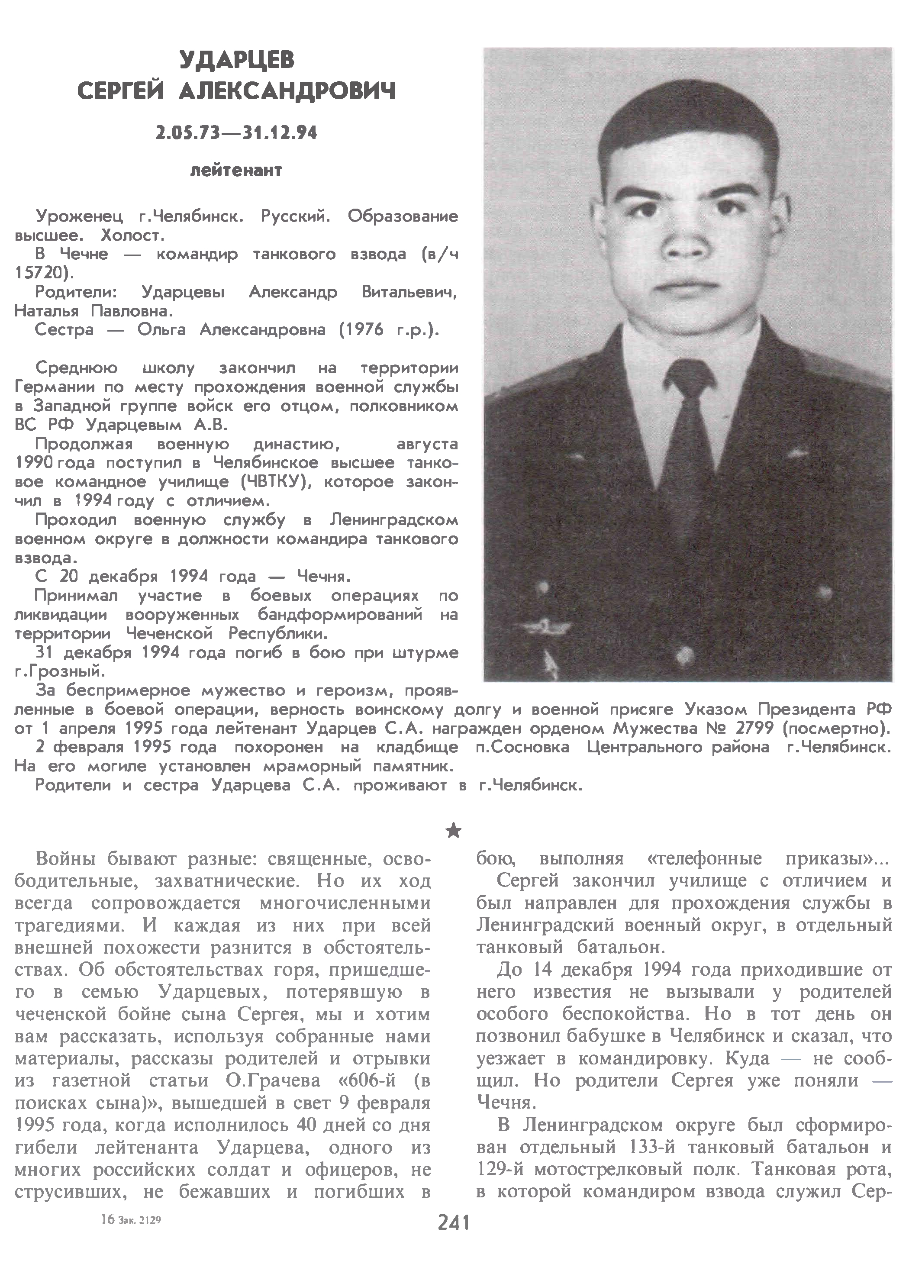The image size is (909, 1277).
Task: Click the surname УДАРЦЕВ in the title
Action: (236, 60)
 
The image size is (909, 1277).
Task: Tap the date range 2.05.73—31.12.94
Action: (236, 133)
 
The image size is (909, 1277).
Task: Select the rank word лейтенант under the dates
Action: (236, 170)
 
